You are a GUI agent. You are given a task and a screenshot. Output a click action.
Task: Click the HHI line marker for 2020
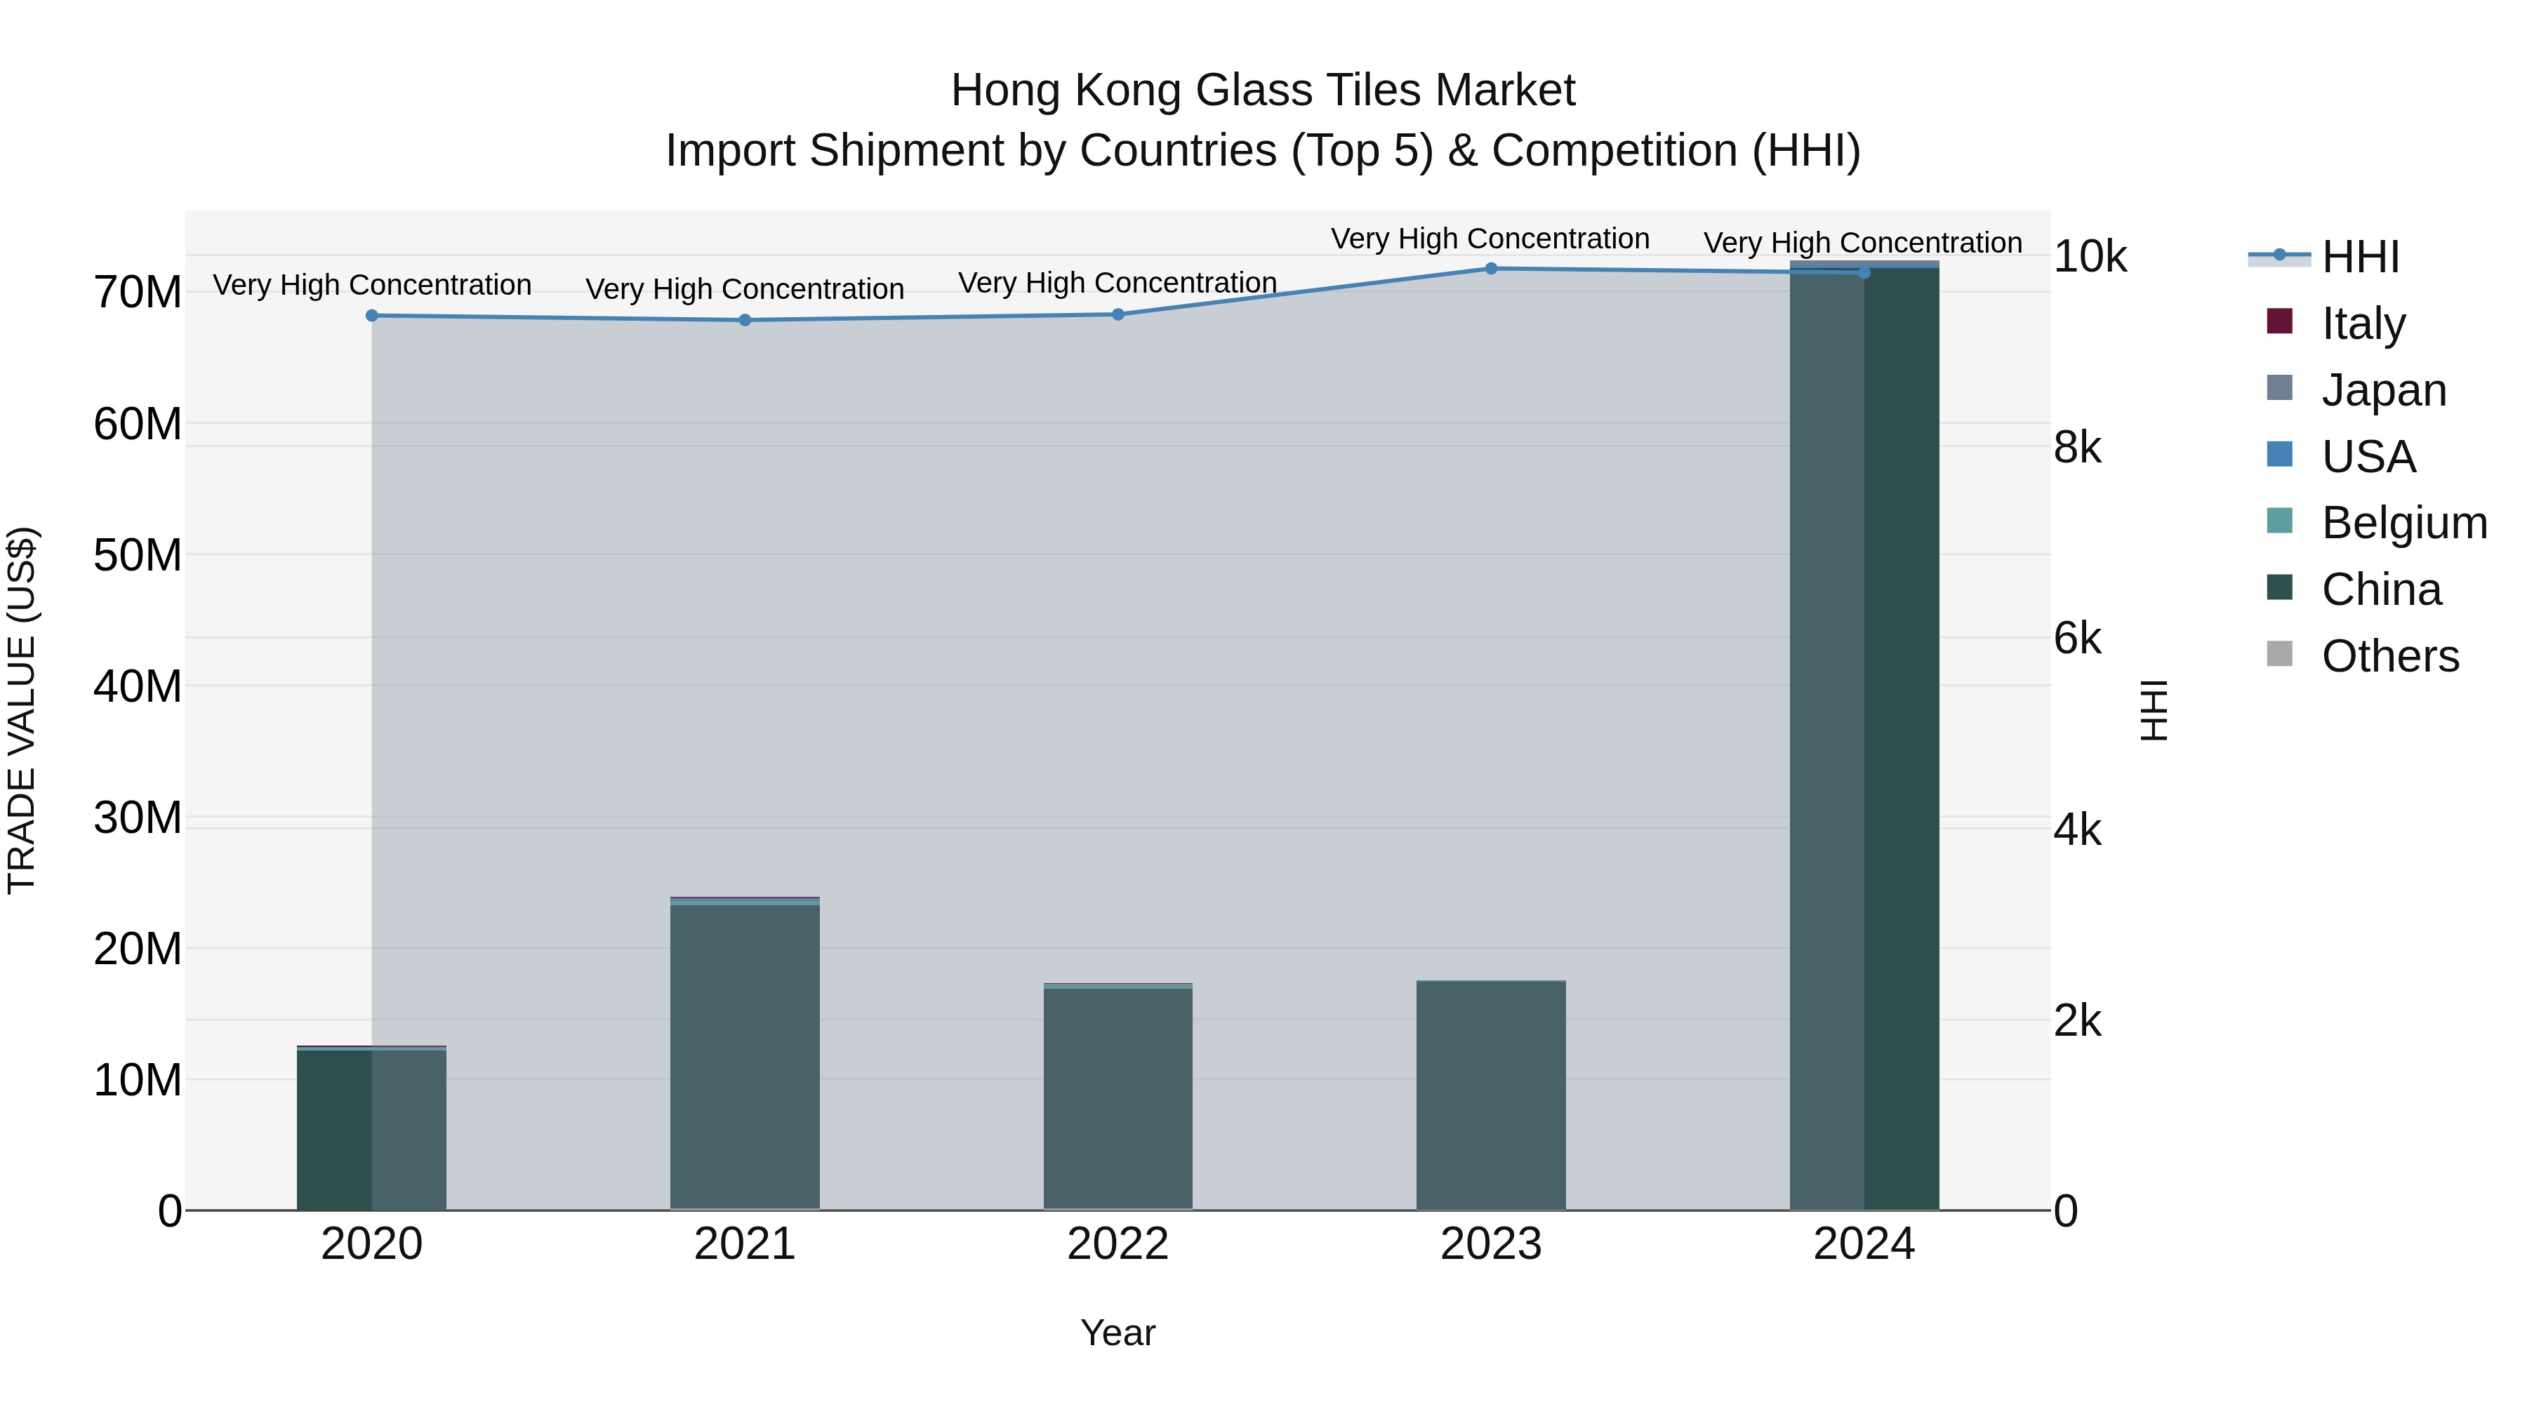tap(372, 316)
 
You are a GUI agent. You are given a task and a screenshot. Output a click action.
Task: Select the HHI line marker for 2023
tap(1491, 269)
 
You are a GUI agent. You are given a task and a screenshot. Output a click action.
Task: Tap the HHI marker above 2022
tap(1118, 315)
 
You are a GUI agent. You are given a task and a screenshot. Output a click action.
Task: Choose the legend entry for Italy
tap(2363, 323)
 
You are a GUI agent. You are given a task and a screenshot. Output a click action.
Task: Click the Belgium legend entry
tap(2403, 523)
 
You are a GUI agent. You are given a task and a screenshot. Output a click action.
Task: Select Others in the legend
tap(2389, 656)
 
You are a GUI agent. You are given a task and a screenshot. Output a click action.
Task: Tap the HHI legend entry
tap(2360, 257)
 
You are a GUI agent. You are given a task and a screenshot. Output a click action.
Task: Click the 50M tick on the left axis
tap(138, 555)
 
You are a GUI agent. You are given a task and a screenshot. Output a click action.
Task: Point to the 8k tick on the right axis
tap(2078, 448)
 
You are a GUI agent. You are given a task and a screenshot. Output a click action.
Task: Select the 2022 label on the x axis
tap(1117, 1244)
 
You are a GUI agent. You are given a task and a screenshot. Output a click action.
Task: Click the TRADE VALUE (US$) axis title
tap(22, 710)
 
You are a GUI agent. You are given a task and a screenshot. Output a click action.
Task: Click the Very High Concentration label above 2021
tap(745, 289)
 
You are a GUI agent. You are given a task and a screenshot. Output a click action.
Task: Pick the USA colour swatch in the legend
tap(2280, 455)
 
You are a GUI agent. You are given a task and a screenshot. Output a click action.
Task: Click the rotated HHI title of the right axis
tap(2154, 710)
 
